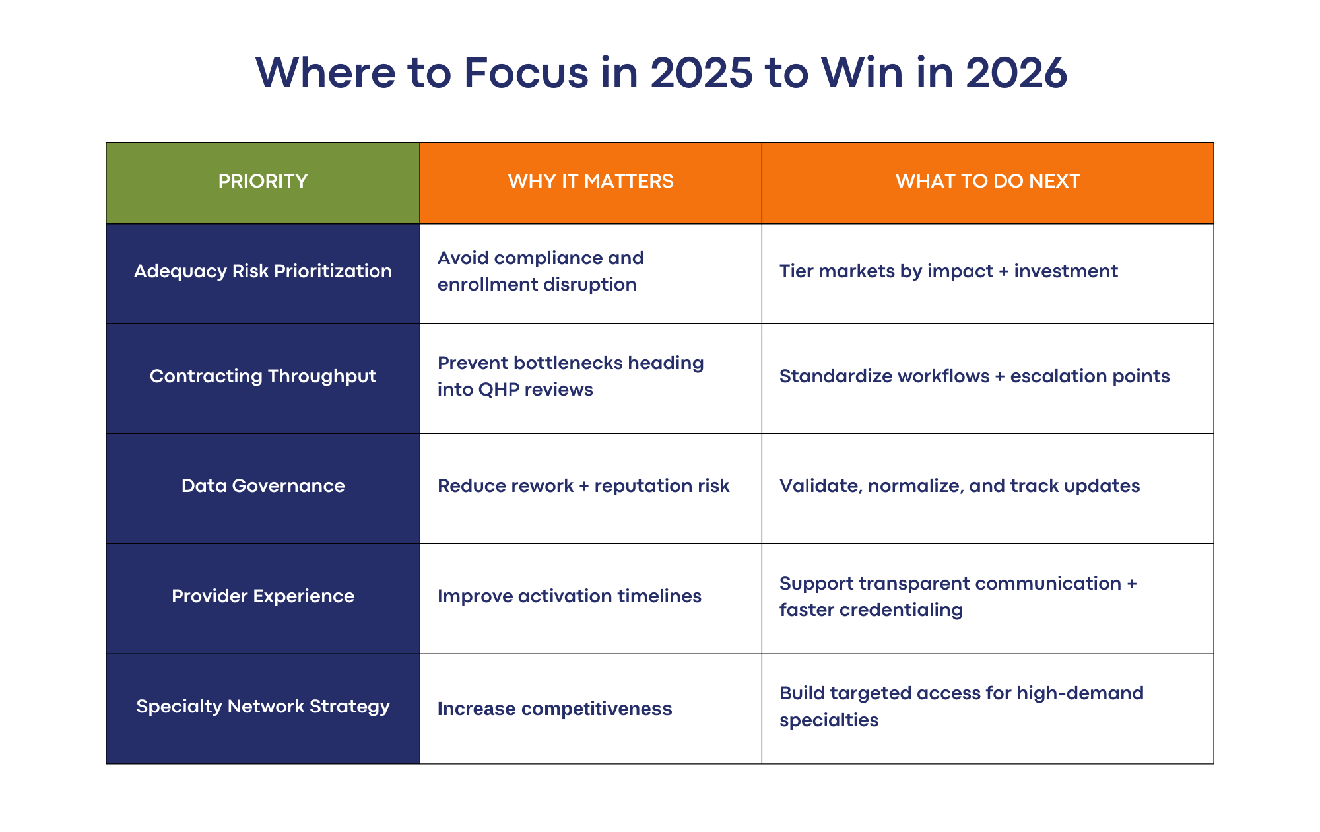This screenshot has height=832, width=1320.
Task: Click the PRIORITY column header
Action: (263, 181)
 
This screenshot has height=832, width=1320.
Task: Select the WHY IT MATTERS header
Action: (591, 181)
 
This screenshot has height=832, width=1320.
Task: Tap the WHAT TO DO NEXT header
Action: (987, 181)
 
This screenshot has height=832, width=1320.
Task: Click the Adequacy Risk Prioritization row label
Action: (263, 271)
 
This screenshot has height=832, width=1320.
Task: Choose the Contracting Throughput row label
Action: (263, 376)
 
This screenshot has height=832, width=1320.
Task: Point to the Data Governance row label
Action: (263, 486)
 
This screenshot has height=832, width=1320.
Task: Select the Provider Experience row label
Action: (263, 596)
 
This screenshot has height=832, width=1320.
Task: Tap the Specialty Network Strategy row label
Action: (263, 707)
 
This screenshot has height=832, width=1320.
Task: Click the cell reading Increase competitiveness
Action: (554, 709)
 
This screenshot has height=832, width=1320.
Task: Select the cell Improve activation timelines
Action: (569, 596)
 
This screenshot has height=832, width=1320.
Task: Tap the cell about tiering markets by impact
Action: (948, 271)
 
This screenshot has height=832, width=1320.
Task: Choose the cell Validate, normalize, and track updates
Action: (960, 486)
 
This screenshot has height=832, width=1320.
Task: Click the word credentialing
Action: (901, 610)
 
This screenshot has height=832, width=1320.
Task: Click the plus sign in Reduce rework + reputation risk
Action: (583, 487)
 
